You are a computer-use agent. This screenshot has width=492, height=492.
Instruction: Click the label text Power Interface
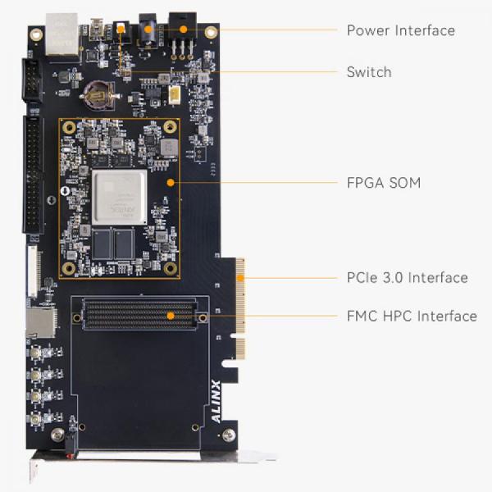[x=400, y=30]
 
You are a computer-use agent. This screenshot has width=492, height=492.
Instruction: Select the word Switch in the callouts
[x=368, y=72]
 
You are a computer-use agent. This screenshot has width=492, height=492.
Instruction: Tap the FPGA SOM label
[x=383, y=183]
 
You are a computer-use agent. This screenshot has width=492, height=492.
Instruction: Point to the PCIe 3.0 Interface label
[x=407, y=277]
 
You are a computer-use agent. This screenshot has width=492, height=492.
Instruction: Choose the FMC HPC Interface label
[x=411, y=316]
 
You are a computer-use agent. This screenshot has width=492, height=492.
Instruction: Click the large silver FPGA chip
[x=120, y=198]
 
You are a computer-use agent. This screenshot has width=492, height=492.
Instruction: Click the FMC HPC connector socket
[x=139, y=315]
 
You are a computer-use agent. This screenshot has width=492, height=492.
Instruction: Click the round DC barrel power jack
[x=148, y=31]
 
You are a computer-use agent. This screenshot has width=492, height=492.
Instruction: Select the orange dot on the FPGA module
[x=170, y=182]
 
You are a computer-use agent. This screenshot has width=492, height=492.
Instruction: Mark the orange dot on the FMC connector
[x=170, y=315]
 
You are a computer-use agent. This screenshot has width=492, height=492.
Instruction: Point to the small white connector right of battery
[x=174, y=97]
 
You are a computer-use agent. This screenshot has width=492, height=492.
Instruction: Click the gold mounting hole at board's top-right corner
[x=211, y=34]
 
